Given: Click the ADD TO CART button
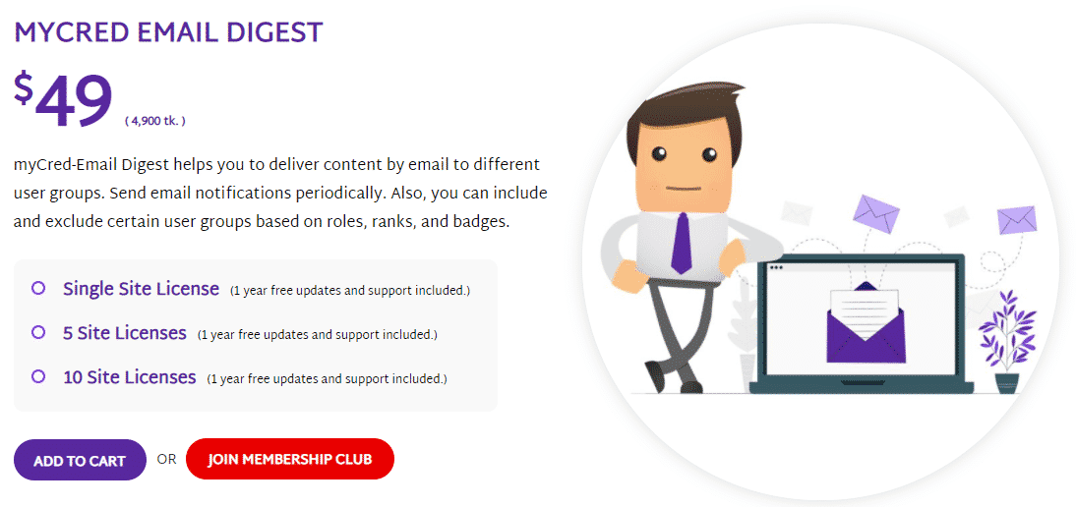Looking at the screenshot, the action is click(80, 460).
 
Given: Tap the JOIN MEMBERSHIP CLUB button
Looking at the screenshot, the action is click(290, 459).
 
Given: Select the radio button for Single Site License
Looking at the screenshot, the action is click(38, 289).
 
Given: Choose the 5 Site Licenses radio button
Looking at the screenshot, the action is click(38, 333).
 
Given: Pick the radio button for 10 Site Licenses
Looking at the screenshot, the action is click(38, 377).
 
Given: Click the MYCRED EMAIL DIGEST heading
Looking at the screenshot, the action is click(168, 32).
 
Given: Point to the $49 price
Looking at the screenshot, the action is click(63, 100).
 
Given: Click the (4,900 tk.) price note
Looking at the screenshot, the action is click(155, 121).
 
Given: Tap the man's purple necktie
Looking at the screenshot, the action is click(682, 243).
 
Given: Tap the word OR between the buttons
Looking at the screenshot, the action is click(167, 459).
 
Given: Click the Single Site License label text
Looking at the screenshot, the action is click(142, 289).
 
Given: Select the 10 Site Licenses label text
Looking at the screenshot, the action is click(130, 377).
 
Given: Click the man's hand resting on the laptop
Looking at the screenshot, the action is click(732, 253).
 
